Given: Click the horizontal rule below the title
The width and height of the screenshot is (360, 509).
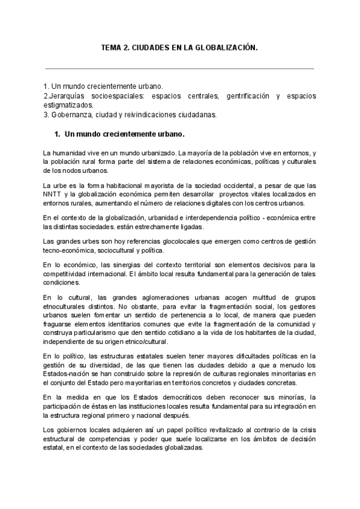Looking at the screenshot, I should [x=179, y=68].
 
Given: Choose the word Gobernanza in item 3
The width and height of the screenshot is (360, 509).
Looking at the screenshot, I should [x=70, y=113].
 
